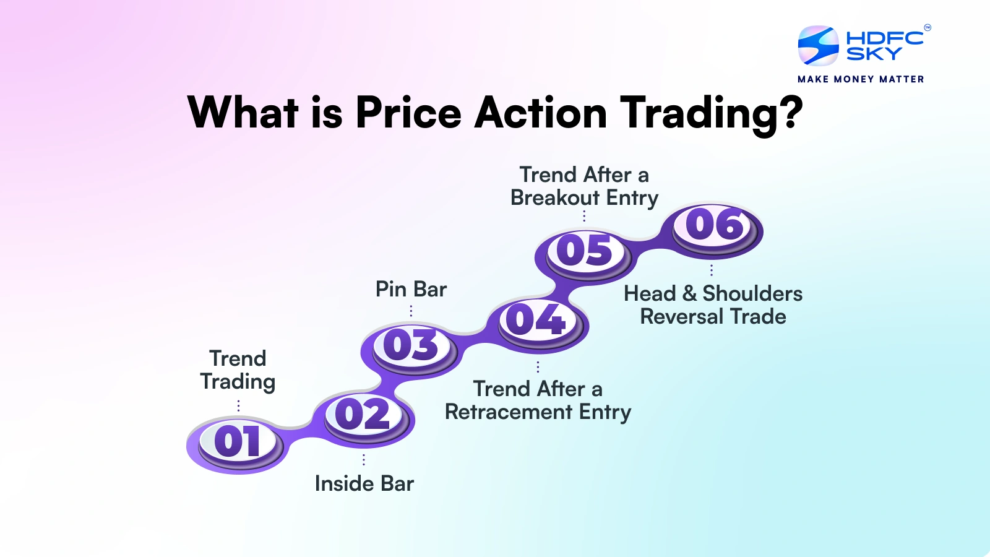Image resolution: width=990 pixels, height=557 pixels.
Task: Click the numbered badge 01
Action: click(238, 442)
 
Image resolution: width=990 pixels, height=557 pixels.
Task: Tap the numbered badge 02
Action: click(363, 414)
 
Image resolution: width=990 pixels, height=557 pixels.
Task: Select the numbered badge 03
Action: click(411, 345)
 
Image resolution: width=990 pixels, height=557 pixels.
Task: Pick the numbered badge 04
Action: click(536, 320)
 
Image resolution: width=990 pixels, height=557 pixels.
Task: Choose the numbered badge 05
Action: click(585, 251)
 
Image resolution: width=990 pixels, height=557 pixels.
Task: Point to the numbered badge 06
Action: click(715, 225)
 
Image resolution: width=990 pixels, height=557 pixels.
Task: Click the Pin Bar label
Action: click(411, 289)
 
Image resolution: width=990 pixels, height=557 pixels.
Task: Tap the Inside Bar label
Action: click(364, 483)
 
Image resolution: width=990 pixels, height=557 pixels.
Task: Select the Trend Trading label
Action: click(238, 370)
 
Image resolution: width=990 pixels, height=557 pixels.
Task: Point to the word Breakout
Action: click(555, 198)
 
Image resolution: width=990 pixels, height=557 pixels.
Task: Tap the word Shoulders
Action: click(752, 293)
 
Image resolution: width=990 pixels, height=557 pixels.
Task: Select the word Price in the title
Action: click(408, 113)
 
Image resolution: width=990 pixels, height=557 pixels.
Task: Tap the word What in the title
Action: click(243, 113)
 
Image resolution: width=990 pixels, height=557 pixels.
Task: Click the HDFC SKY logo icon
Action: click(818, 46)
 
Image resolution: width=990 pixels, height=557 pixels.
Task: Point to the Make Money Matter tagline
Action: click(861, 79)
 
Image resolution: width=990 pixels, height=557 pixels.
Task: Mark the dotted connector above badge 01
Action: click(238, 405)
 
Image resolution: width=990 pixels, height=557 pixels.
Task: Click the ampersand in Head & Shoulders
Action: click(689, 294)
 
